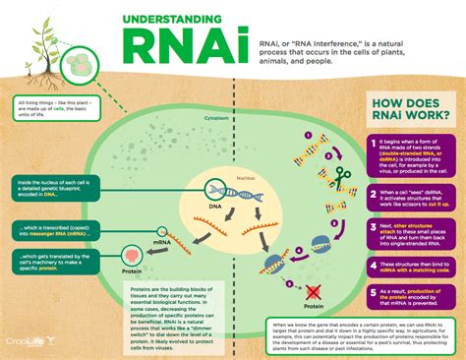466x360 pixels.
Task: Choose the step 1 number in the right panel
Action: tap(370, 145)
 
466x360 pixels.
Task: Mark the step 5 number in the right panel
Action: tap(370, 292)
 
